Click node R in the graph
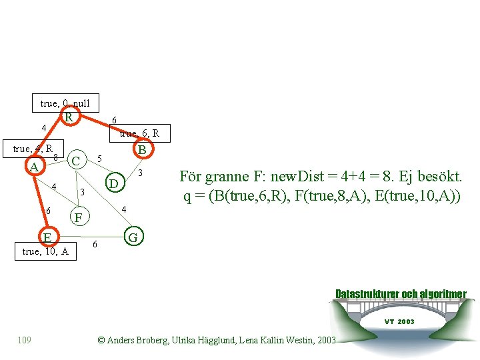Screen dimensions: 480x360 [69, 117]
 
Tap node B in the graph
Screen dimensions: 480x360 [141, 150]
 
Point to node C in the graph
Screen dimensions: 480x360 [76, 161]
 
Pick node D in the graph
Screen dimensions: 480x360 [114, 183]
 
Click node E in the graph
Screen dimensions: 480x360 [47, 237]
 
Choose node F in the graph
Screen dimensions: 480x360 [79, 217]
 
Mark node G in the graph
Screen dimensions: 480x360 [133, 237]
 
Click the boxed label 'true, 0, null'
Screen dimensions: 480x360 [65, 103]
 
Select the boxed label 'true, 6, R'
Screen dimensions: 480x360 [140, 133]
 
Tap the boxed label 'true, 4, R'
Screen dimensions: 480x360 [33, 149]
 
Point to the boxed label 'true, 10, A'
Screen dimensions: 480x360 [45, 251]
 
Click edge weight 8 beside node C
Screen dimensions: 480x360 [56, 157]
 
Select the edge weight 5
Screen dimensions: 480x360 [99, 159]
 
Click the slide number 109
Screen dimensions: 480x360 [24, 341]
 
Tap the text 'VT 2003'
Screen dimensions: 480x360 [399, 321]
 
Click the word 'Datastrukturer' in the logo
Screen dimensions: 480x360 [367, 294]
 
